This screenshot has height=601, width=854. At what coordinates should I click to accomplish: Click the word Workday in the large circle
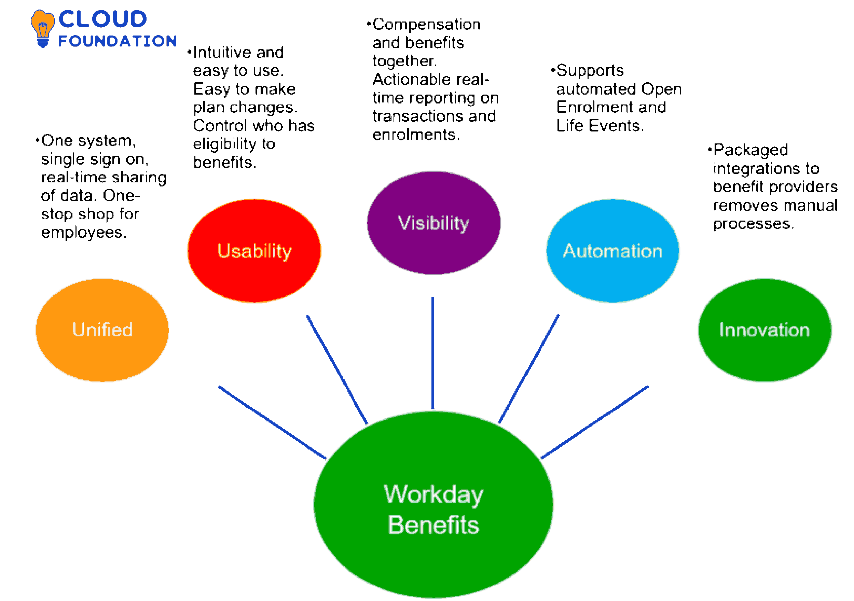point(433,495)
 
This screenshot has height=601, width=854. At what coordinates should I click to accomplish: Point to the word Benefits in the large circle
point(433,525)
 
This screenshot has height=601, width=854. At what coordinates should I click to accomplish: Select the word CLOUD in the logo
point(102,19)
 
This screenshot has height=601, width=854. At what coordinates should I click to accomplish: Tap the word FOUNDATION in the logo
point(117,41)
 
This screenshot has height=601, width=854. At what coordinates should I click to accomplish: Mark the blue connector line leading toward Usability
point(337,370)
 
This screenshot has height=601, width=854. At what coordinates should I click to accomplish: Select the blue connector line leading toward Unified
point(272,422)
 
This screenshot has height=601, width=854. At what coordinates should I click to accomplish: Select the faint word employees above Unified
point(84,233)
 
